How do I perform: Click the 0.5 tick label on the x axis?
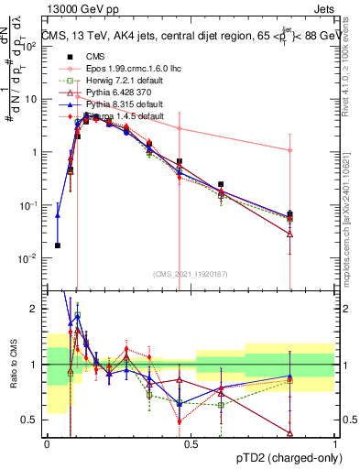(x=191, y=443)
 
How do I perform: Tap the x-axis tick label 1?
(x=335, y=443)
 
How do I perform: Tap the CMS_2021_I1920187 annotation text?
(x=191, y=274)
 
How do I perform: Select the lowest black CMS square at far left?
(x=58, y=245)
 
